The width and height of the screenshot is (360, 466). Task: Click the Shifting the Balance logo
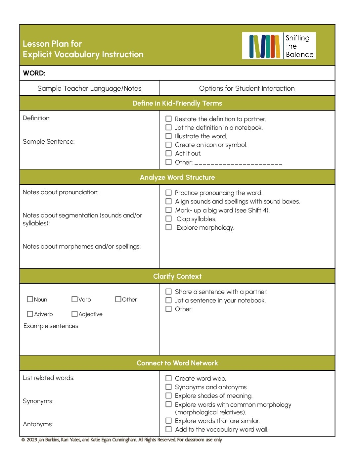279,46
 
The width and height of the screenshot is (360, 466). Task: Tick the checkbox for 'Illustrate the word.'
168,136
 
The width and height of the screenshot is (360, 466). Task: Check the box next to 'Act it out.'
168,153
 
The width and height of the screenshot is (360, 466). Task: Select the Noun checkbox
30,299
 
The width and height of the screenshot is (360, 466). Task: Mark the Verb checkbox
74,299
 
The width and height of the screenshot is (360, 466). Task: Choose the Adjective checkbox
74,314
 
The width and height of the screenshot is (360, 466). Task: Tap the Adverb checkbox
30,314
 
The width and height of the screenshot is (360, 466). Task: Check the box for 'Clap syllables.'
168,219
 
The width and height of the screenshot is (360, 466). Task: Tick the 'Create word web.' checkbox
168,378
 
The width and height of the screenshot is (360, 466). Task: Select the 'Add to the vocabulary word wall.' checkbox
168,429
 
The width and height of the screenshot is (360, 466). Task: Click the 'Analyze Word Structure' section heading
177,177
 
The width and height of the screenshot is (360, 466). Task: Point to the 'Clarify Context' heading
177,276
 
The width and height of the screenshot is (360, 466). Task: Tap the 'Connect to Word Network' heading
177,363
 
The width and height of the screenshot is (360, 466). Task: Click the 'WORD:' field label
34,73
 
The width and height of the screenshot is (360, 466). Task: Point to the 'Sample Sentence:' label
49,142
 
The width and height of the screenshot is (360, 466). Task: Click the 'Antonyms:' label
38,424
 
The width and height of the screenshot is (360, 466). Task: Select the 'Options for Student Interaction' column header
247,88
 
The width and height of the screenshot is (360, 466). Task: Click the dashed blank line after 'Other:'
238,163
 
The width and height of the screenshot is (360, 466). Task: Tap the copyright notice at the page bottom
122,440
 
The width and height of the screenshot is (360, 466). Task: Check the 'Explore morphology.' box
168,227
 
